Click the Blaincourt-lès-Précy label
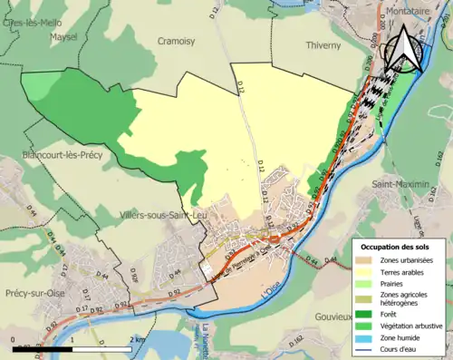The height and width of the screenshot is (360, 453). tap(61, 155)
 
